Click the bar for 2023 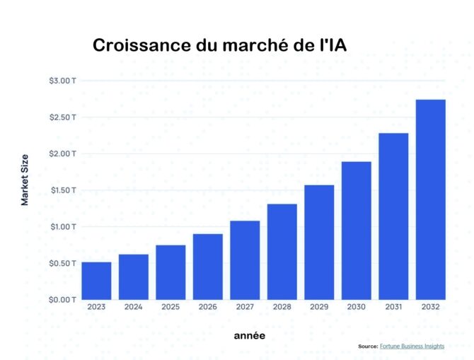pyautogui.click(x=96, y=281)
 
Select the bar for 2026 pyautogui.click(x=208, y=267)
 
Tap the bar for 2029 pyautogui.click(x=319, y=242)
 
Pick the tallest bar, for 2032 pyautogui.click(x=430, y=199)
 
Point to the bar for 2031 pyautogui.click(x=393, y=216)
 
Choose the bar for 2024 pyautogui.click(x=134, y=277)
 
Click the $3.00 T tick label pyautogui.click(x=63, y=81)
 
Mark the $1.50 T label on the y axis pyautogui.click(x=63, y=190)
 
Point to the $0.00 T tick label pyautogui.click(x=63, y=300)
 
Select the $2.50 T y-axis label pyautogui.click(x=63, y=117)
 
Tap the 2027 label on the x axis pyautogui.click(x=245, y=308)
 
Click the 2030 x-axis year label pyautogui.click(x=356, y=308)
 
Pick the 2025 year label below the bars pyautogui.click(x=170, y=308)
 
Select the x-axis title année pyautogui.click(x=250, y=335)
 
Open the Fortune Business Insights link pyautogui.click(x=412, y=347)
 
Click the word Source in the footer pyautogui.click(x=368, y=347)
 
